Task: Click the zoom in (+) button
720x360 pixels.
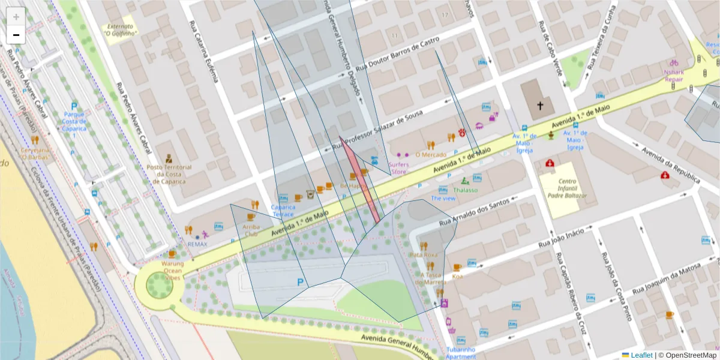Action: [x=16, y=17]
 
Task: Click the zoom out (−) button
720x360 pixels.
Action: [x=16, y=35]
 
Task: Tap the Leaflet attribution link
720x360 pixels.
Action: [x=641, y=355]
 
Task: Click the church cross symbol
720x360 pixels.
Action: [x=539, y=106]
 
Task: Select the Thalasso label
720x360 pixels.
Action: [x=465, y=190]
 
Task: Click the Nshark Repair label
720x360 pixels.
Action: [x=673, y=74]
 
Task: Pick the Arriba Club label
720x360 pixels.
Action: [x=251, y=230]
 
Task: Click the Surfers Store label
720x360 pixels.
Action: [x=399, y=167]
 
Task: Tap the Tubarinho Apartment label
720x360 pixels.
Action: [x=461, y=352]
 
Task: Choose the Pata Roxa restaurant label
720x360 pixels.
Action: [x=424, y=254]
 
